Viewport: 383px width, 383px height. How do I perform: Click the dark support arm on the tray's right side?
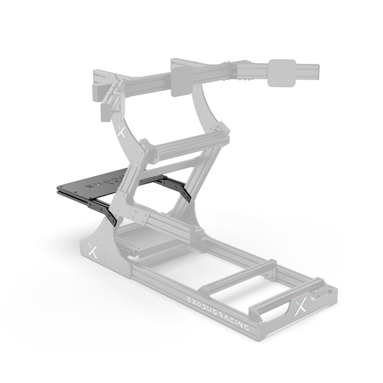[177, 189]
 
